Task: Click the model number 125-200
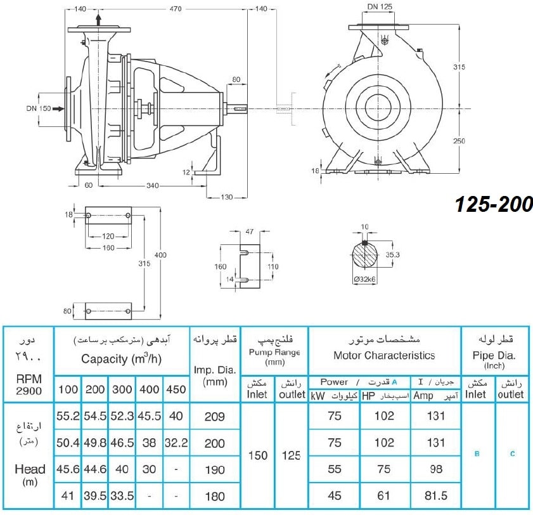[x=494, y=204]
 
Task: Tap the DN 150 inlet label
[x=39, y=108]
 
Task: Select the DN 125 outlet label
[x=380, y=6]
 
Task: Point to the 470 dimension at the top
[x=176, y=9]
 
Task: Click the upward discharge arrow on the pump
[x=99, y=20]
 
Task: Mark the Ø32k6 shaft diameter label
[x=365, y=279]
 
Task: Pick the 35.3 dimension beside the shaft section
[x=392, y=254]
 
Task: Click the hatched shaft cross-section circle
[x=364, y=255]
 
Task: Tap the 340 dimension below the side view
[x=152, y=185]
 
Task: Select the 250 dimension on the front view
[x=459, y=141]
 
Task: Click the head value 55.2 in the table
[x=68, y=415]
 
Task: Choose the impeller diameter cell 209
[x=214, y=416]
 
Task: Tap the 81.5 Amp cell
[x=436, y=495]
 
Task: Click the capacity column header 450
[x=176, y=389]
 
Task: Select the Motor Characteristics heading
[x=384, y=355]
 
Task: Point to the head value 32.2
[x=176, y=443]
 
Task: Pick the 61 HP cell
[x=384, y=495]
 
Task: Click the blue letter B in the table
[x=477, y=453]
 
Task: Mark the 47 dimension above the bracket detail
[x=250, y=231]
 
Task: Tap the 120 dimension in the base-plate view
[x=108, y=236]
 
